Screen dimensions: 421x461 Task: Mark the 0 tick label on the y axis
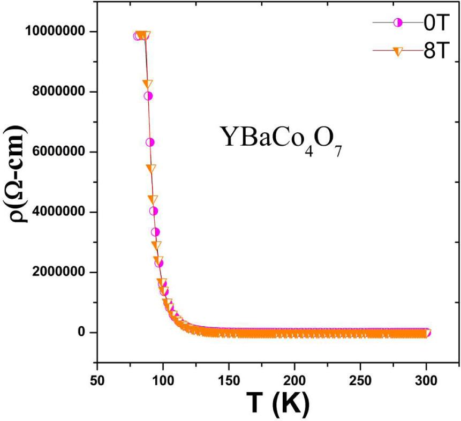tap(82, 332)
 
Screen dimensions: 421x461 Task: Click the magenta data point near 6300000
tap(150, 142)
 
